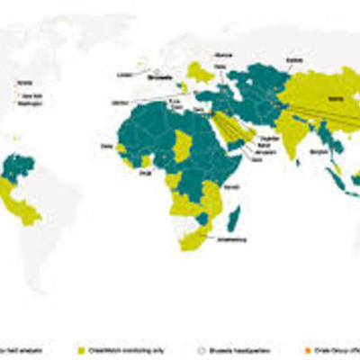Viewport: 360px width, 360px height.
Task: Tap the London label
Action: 124,76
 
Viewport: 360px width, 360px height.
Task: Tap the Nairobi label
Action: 232,187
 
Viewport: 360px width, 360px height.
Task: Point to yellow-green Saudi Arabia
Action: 228,126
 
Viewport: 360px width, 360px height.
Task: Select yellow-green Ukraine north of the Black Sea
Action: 201,72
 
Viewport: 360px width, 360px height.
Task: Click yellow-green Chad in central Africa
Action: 185,144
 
